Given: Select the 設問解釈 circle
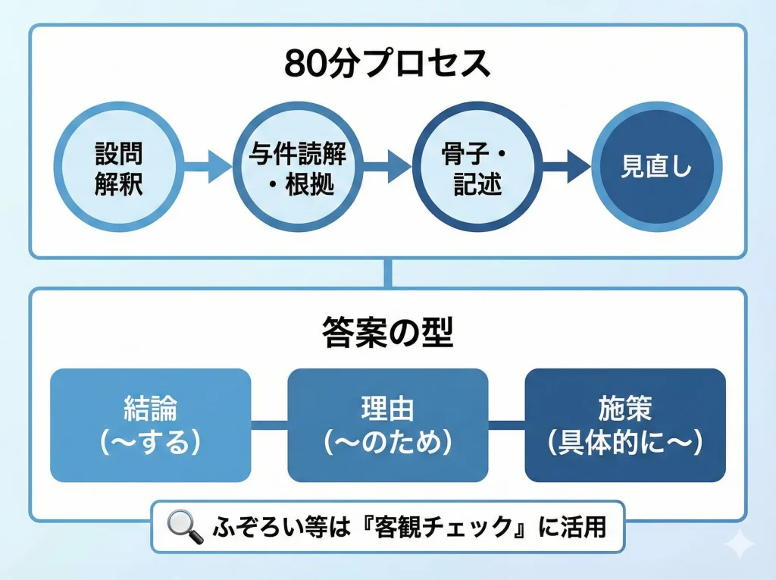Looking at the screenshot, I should [119, 168].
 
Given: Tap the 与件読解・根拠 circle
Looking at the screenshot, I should [298, 168].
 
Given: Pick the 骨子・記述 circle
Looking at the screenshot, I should [477, 168].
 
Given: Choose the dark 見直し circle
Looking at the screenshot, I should [656, 168].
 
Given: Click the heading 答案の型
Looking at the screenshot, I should [387, 334].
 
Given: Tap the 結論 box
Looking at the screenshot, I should [150, 425].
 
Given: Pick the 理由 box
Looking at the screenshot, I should [387, 425].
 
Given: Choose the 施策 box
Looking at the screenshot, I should [625, 425].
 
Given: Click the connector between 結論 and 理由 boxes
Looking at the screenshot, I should [269, 425].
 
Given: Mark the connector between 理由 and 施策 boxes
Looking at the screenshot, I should [506, 425].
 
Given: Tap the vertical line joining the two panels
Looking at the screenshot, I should [388, 273].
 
